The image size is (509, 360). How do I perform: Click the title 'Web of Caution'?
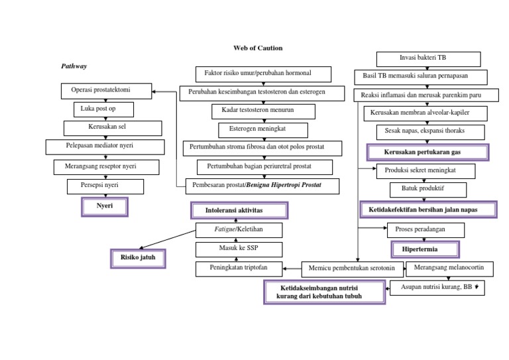258,48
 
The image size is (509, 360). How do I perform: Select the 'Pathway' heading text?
74,66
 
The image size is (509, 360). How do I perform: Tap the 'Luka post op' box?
103,109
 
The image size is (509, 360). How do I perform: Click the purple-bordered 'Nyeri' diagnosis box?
104,207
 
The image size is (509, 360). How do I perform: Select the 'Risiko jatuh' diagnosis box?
138,257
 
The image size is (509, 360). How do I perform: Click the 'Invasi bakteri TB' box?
428,59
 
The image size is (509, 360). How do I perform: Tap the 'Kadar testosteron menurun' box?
262,110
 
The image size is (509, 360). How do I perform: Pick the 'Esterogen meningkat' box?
262,129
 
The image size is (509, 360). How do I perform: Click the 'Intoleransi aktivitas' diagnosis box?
239,211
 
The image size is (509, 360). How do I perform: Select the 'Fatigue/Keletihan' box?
239,230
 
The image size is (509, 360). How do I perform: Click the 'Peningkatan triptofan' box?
238,269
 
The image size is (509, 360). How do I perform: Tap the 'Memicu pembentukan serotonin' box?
352,269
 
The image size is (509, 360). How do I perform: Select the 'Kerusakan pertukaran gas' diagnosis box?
427,152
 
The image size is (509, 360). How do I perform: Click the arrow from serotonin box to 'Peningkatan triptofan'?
292,269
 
